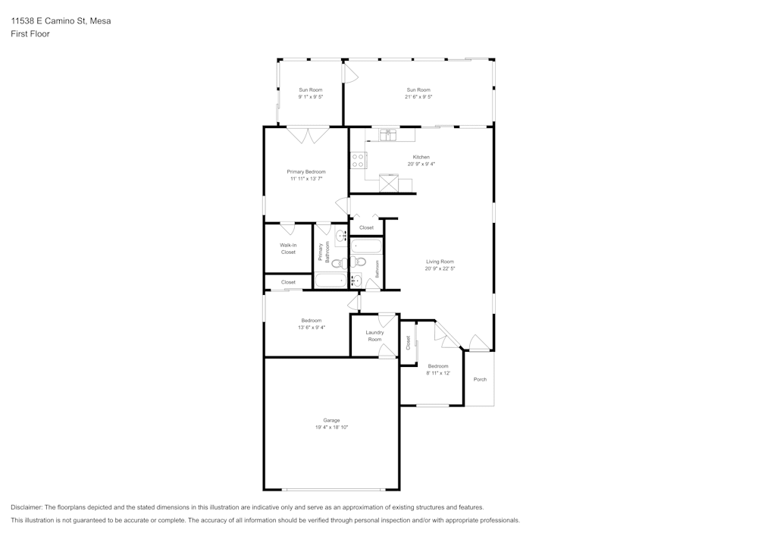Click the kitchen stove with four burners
(359, 160)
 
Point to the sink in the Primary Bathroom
(341, 237)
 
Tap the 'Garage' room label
(331, 420)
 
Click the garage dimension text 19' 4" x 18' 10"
(331, 428)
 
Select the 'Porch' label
(480, 379)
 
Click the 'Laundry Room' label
(374, 336)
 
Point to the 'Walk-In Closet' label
(288, 249)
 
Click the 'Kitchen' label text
(421, 157)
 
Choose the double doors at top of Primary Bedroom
(309, 136)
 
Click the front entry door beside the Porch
(478, 343)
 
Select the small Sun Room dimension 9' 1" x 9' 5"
(310, 97)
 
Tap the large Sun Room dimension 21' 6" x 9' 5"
(418, 97)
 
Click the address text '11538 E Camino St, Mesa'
(61, 21)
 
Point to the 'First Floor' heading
(30, 34)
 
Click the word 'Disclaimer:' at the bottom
(27, 507)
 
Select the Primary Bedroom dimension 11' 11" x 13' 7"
(306, 179)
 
